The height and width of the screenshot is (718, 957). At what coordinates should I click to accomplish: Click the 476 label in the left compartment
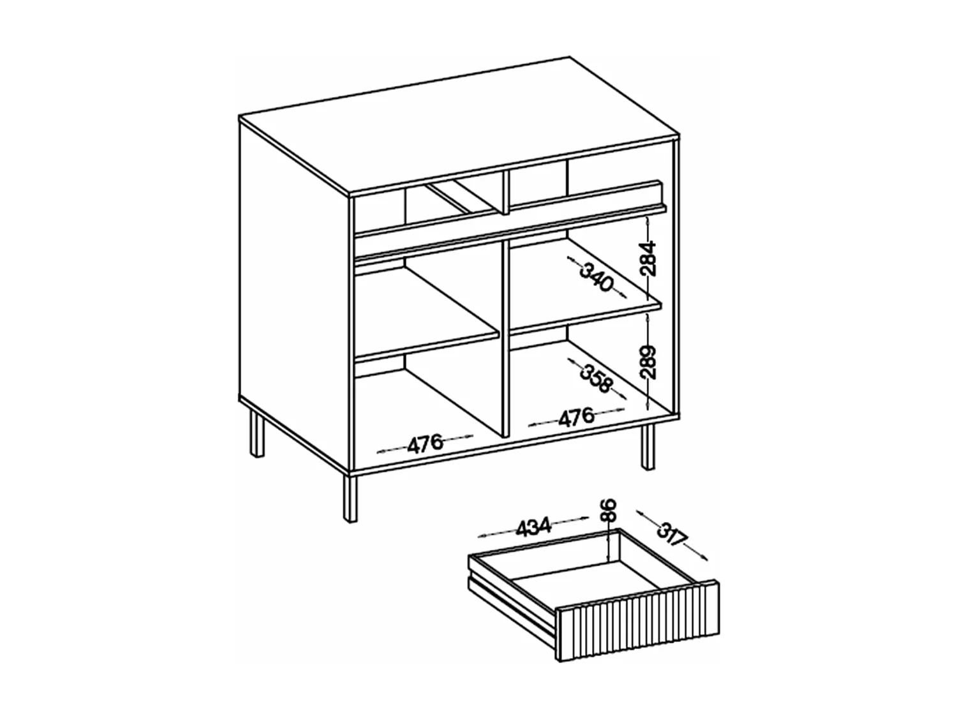point(426,442)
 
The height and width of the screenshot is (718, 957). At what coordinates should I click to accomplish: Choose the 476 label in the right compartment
point(576,417)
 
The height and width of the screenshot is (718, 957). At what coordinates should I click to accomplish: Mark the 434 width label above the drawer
point(533,527)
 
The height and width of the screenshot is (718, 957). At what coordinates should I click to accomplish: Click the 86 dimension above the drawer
point(610,511)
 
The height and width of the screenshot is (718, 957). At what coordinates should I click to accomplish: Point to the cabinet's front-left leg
point(350,498)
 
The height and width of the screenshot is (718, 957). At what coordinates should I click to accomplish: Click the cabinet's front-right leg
point(648,447)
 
